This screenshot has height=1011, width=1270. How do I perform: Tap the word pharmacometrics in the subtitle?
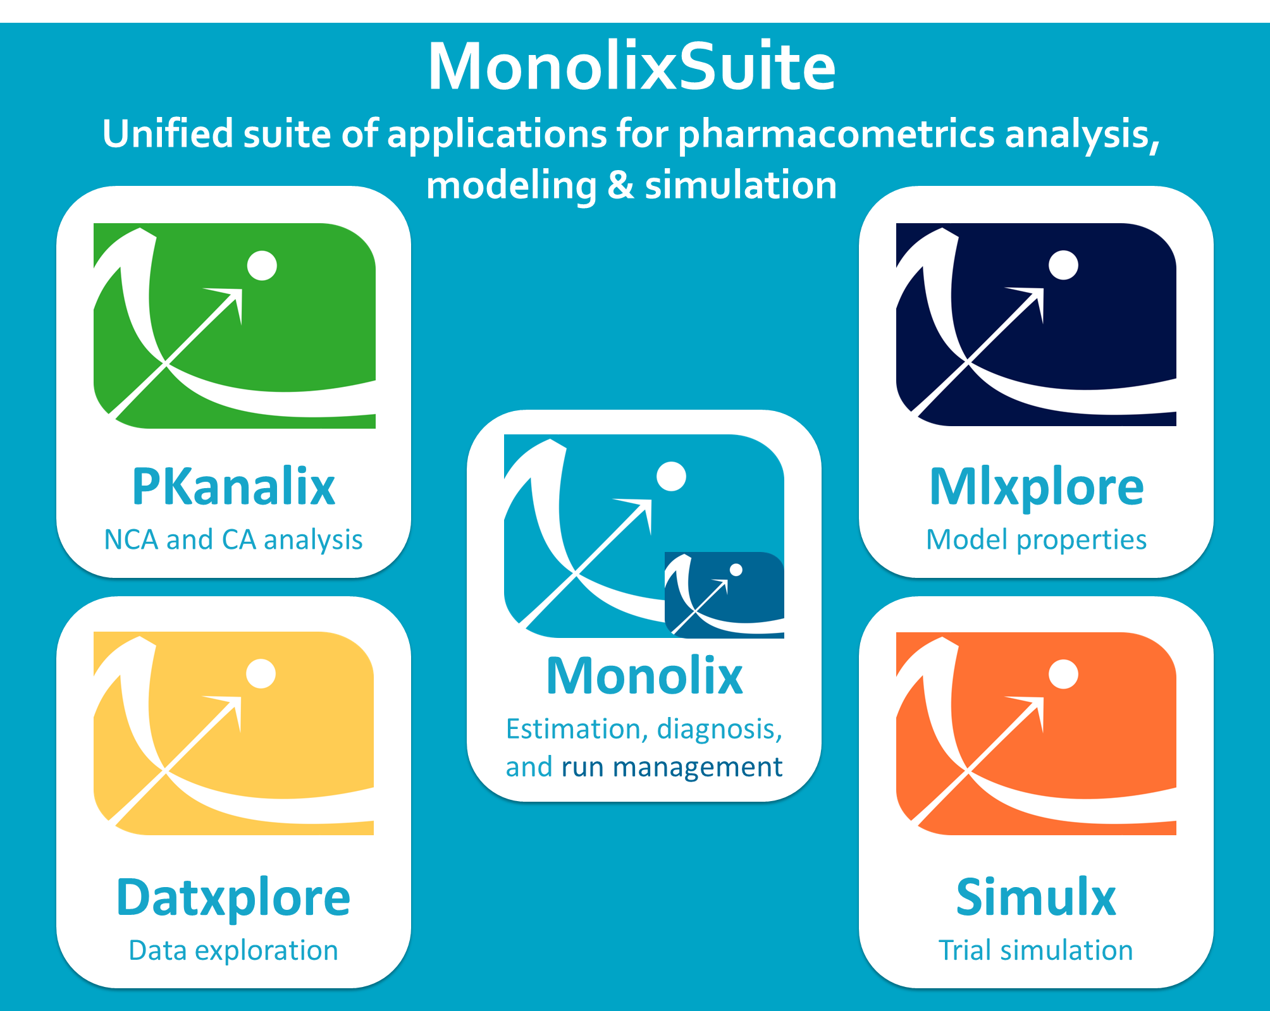click(x=836, y=135)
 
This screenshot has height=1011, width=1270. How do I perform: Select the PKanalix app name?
click(x=233, y=486)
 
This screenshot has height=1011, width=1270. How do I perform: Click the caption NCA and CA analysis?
click(x=233, y=540)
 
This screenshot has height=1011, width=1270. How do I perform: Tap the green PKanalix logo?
click(x=235, y=326)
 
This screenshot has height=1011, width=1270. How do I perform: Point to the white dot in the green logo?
click(x=262, y=266)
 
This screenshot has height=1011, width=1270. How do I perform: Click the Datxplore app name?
click(x=233, y=898)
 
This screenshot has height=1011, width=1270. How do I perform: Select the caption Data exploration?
click(x=233, y=950)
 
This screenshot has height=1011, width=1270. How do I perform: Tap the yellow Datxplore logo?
click(x=234, y=733)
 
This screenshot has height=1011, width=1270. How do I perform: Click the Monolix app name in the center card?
click(x=644, y=676)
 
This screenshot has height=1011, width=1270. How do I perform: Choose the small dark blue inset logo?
click(x=724, y=595)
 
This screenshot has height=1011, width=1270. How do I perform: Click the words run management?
click(x=672, y=767)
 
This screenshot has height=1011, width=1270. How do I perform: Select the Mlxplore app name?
click(x=1037, y=487)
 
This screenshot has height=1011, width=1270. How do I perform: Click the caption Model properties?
click(x=1037, y=540)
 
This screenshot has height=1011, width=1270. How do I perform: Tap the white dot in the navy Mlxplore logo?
click(x=1064, y=265)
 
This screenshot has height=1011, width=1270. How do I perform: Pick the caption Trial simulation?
click(x=1036, y=950)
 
